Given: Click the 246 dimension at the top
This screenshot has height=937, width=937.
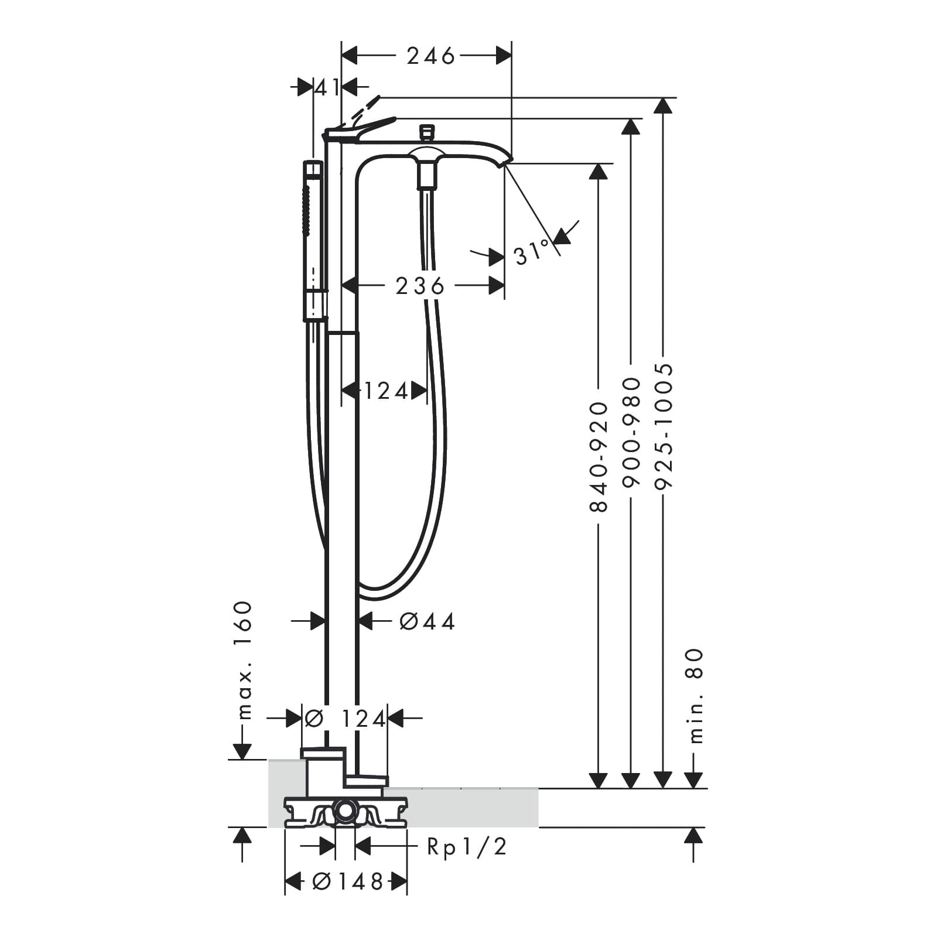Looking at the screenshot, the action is click(x=430, y=56).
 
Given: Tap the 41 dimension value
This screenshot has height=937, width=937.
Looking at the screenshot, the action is click(x=327, y=88).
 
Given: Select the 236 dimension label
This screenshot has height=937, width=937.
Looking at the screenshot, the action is click(x=420, y=286).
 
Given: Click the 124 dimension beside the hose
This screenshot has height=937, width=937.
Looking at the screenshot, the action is click(x=386, y=391).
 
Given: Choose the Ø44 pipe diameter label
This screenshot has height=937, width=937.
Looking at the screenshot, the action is click(x=427, y=621).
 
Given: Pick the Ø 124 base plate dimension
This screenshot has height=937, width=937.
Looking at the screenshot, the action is click(x=345, y=718).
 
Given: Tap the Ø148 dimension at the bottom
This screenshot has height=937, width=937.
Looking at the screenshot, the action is click(x=347, y=881).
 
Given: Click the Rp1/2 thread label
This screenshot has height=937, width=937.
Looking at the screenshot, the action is click(x=467, y=846).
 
